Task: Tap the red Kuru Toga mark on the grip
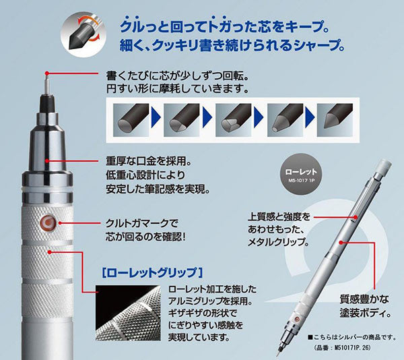tap(49, 222)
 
